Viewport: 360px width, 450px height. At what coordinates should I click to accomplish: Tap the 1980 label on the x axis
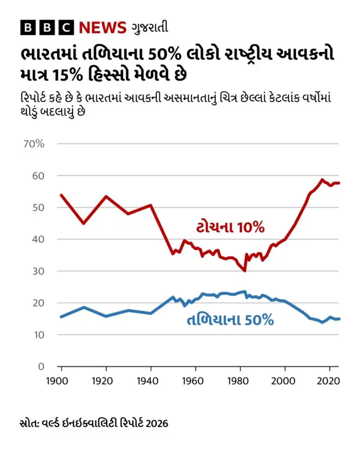[240, 381]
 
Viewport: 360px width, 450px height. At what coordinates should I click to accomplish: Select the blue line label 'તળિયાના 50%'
[229, 321]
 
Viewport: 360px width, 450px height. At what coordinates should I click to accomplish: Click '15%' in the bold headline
[91, 74]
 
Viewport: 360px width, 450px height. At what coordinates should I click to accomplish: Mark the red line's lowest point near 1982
[245, 271]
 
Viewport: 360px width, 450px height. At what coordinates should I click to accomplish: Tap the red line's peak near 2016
[322, 180]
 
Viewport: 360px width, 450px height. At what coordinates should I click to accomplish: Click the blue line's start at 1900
[61, 317]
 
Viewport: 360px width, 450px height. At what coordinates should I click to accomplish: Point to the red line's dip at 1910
[83, 223]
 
